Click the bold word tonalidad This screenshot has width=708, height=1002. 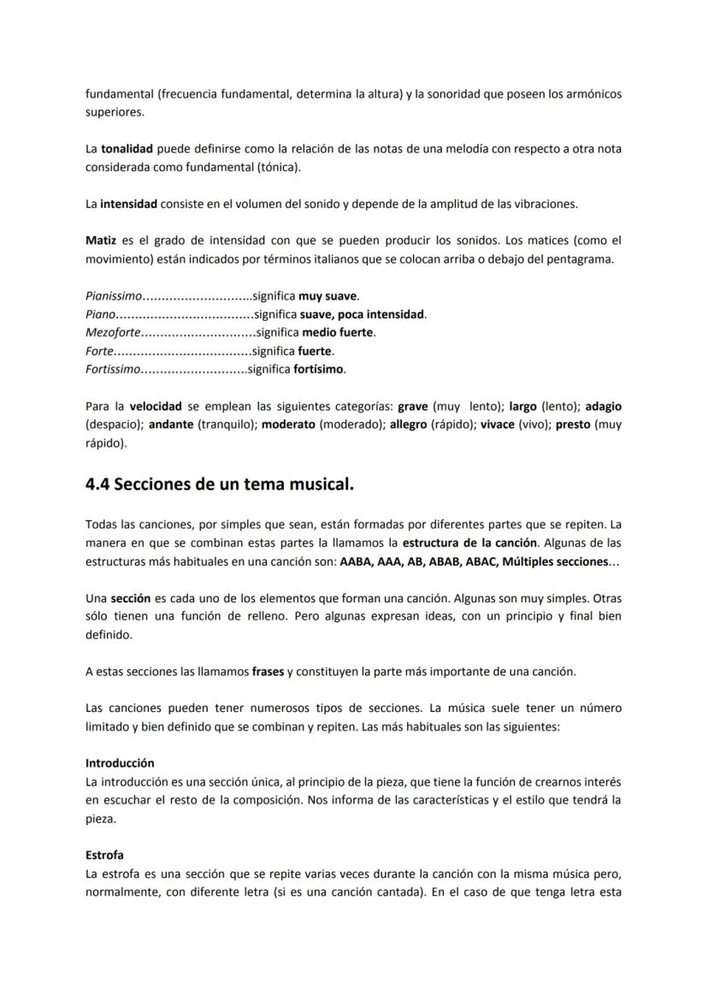[x=127, y=149]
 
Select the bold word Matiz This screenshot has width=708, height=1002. [x=101, y=240]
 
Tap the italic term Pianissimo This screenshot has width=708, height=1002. [x=114, y=296]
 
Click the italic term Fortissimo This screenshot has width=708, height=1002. [x=112, y=370]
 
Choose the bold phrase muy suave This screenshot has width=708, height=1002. [x=327, y=296]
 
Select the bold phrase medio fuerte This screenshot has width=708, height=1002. [x=339, y=333]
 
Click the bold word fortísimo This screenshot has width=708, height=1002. [x=319, y=370]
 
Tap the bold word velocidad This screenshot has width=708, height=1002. [x=156, y=406]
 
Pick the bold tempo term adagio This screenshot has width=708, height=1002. [x=604, y=406]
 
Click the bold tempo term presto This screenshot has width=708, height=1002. [x=573, y=424]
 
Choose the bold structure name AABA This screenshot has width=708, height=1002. [x=356, y=561]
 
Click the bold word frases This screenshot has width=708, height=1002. [x=268, y=672]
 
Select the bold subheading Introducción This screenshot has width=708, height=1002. [x=120, y=762]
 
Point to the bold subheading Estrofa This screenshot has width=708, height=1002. [x=104, y=855]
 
